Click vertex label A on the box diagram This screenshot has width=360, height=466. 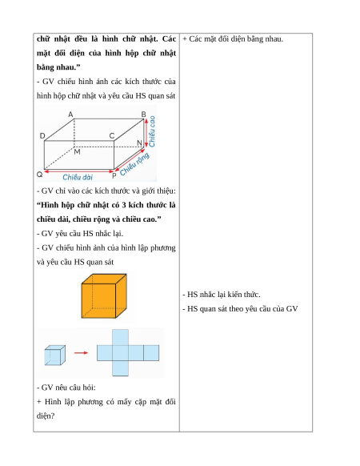click(70, 114)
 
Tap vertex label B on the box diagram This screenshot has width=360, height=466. click(143, 114)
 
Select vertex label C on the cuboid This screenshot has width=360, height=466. click(112, 136)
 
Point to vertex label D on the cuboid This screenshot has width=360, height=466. click(42, 136)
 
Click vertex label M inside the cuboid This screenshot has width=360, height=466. click(78, 152)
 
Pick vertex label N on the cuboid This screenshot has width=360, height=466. click(139, 143)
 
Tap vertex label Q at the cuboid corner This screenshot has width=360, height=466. click(39, 175)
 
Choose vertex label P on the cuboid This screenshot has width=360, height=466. click(114, 176)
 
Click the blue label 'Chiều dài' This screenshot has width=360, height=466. click(78, 177)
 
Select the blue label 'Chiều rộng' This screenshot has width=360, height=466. click(134, 164)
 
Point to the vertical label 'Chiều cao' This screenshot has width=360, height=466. click(152, 131)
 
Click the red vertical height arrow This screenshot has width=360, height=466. click(146, 133)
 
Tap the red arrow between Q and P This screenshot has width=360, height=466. click(79, 171)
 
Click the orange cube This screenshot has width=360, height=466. click(104, 296)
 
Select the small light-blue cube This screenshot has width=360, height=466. click(55, 356)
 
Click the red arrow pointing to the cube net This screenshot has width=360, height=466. click(81, 353)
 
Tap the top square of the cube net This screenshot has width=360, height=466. click(120, 337)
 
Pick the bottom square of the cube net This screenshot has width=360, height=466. click(120, 368)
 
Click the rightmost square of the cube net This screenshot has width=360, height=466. click(151, 353)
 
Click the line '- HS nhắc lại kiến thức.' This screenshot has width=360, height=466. click(222, 295)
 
